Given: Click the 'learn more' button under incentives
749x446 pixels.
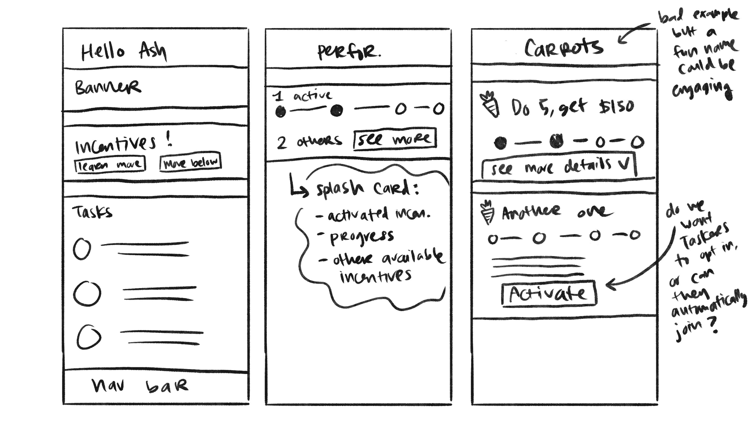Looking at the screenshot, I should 110,164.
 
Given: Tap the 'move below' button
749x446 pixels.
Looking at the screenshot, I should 190,162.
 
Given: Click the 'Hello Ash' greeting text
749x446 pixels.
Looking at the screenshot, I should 123,52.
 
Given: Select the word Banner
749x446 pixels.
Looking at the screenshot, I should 108,87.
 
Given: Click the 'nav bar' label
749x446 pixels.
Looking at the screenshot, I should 140,386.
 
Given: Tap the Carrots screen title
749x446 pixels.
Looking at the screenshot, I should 564,48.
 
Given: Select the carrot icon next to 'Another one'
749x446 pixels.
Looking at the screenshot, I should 487,212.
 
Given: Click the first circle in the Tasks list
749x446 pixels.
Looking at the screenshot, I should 82,249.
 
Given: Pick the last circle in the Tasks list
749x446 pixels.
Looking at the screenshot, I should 88,337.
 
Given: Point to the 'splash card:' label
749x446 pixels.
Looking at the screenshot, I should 367,189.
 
